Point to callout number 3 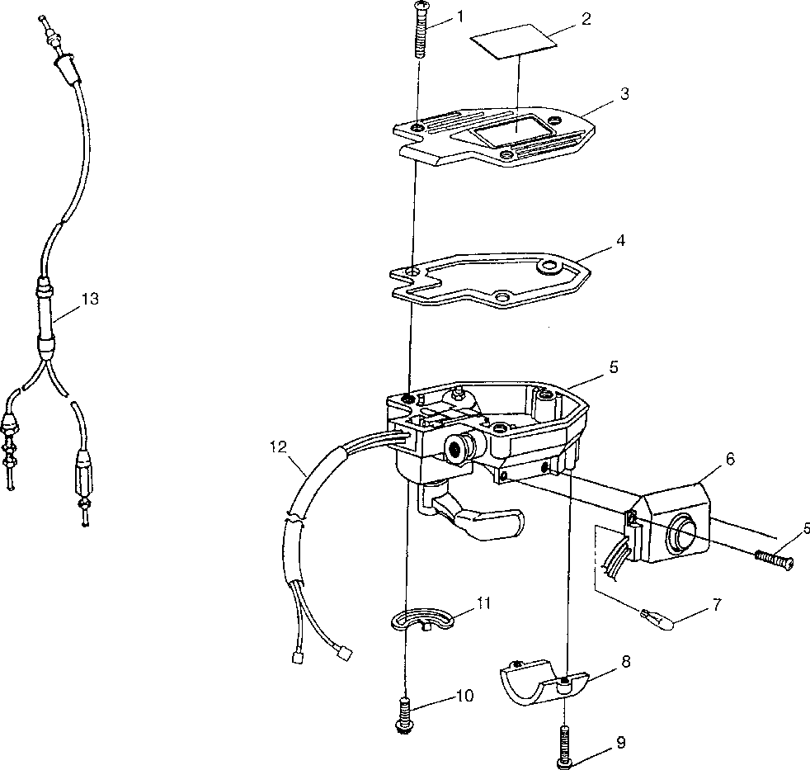(624, 94)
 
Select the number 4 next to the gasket (620, 241)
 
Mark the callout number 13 (90, 299)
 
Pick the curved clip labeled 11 (421, 619)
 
